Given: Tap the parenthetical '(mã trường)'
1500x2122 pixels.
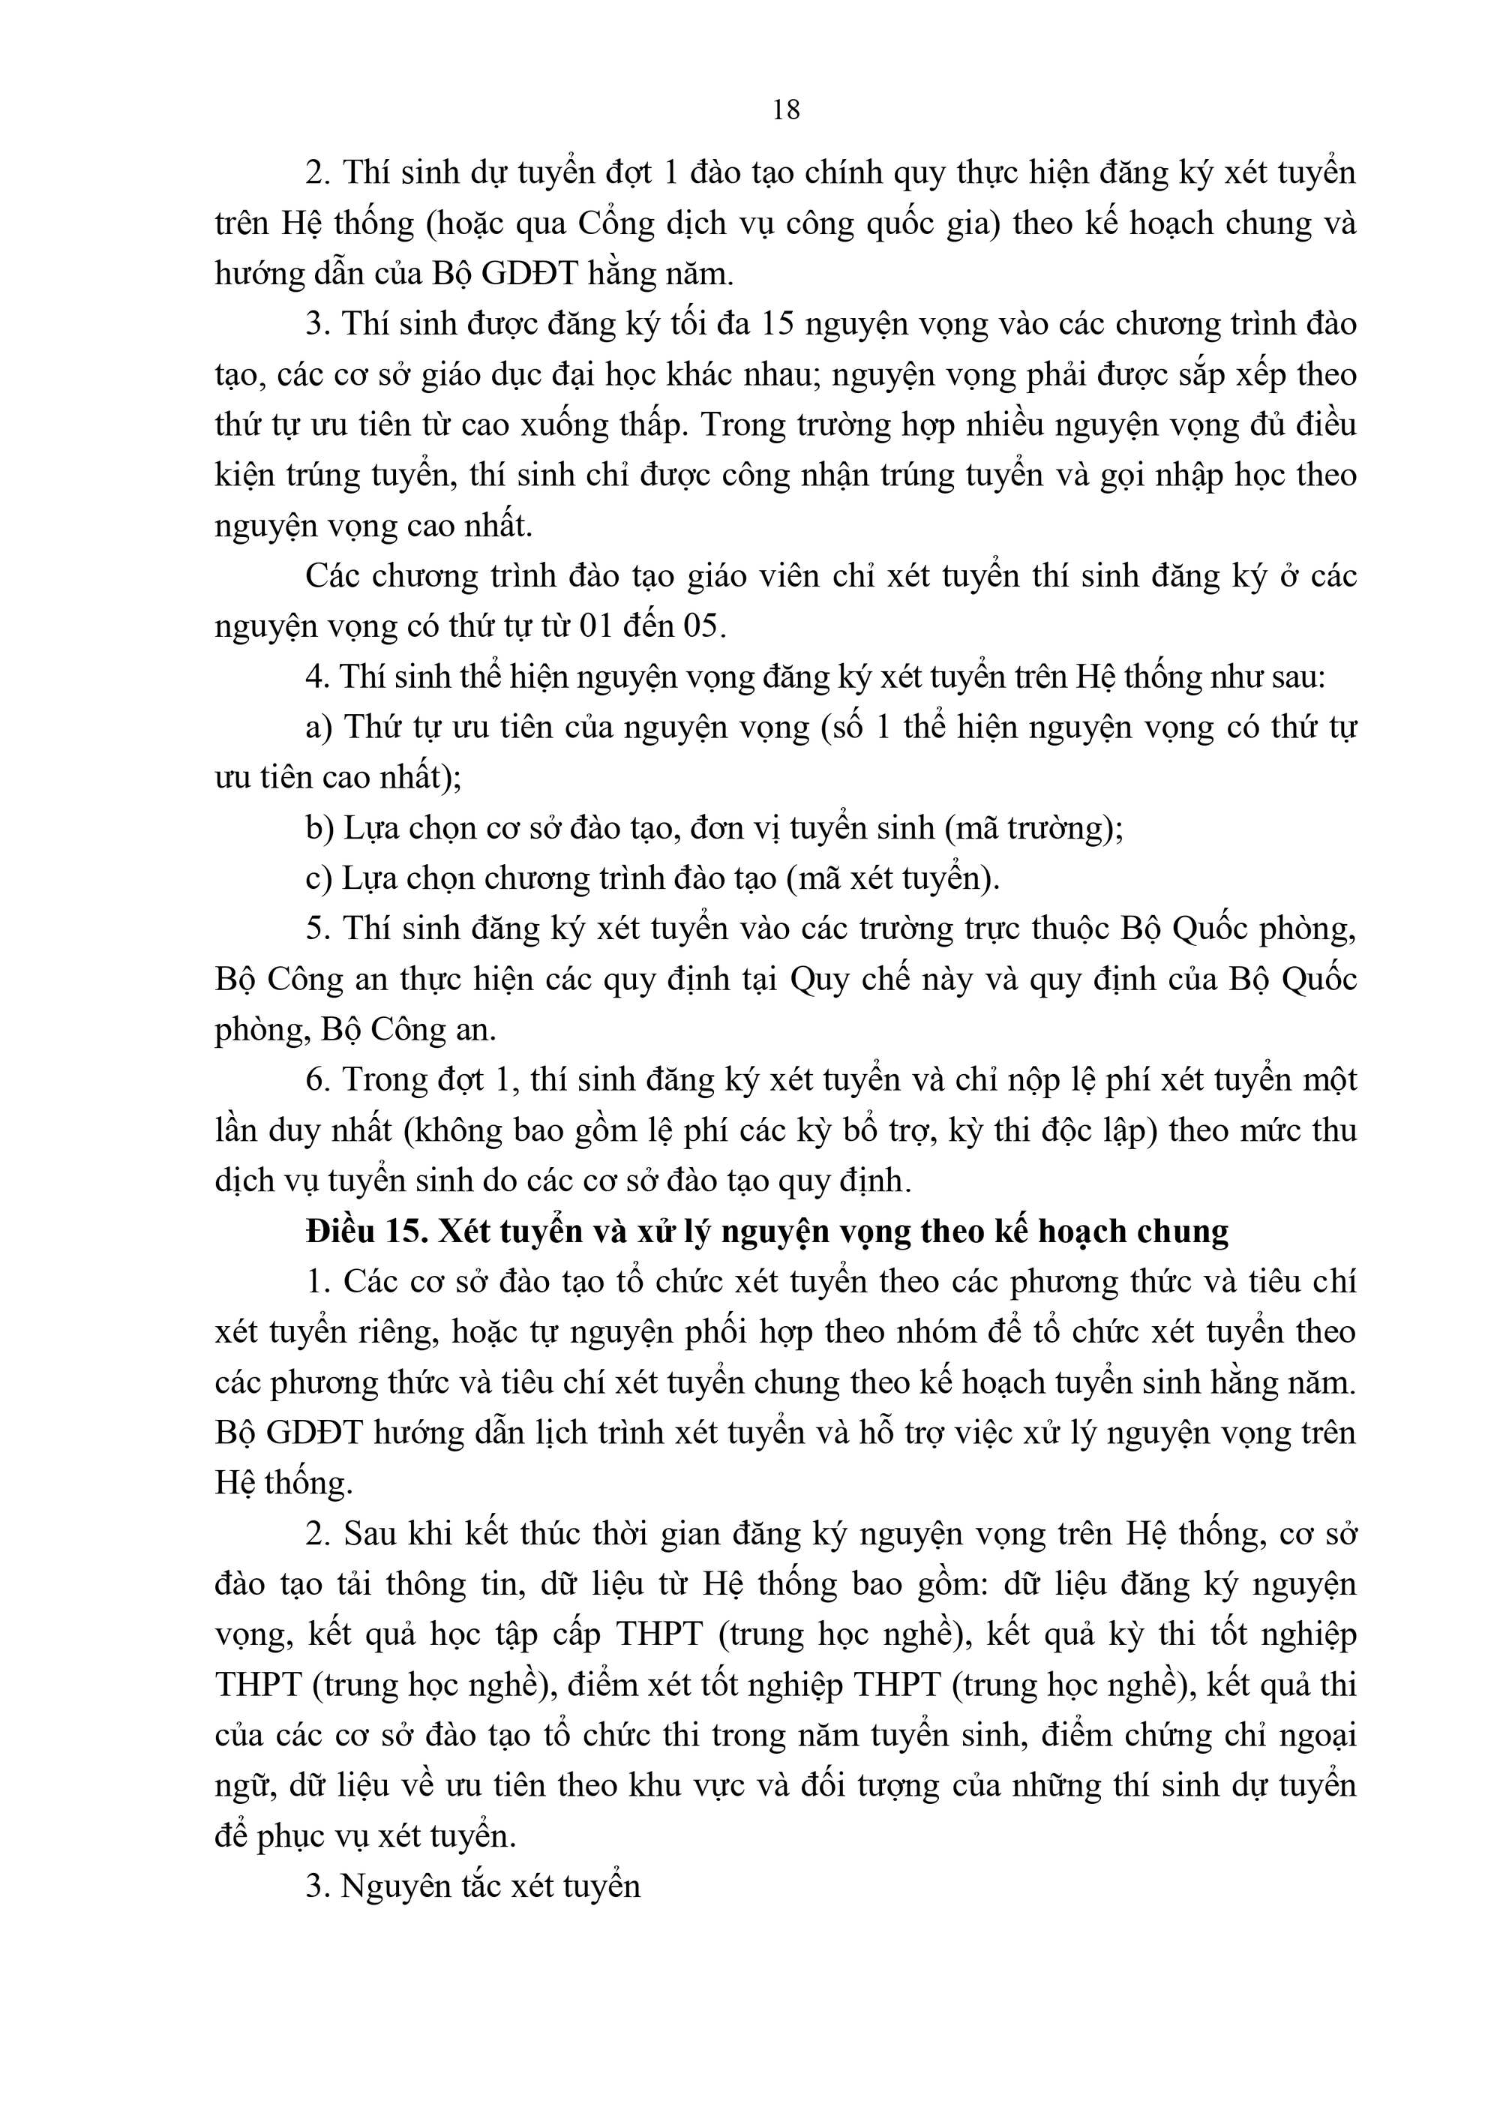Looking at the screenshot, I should (x=1034, y=828).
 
